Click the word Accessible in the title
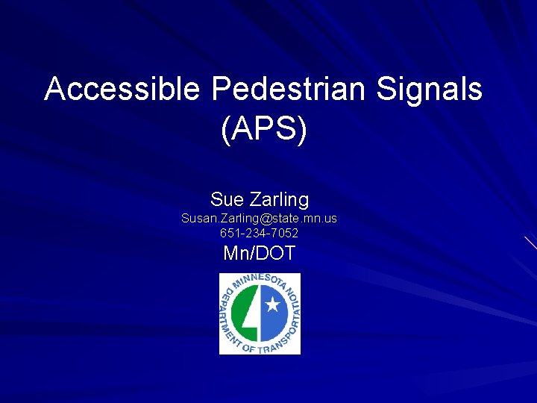[122, 90]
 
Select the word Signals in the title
[430, 90]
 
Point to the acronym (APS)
[264, 129]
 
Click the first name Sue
[226, 200]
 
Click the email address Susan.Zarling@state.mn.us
[260, 219]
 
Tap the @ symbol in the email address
[266, 219]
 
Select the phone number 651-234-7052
[260, 233]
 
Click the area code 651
[230, 233]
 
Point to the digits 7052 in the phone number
[285, 233]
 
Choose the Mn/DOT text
[260, 254]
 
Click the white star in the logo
[272, 304]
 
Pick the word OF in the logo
[248, 348]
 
